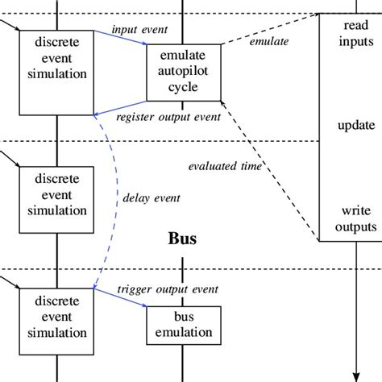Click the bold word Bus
point(183,239)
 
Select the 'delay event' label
point(151,196)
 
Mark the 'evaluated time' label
point(225,167)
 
